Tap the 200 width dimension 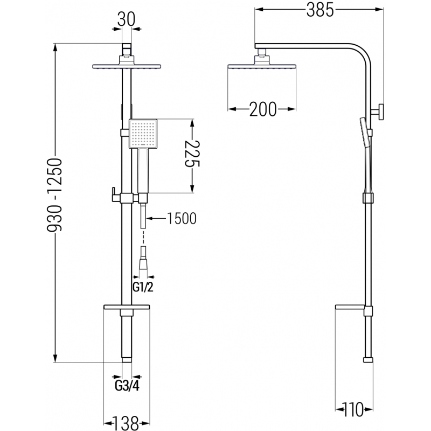262,109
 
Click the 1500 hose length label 182,218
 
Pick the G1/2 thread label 143,287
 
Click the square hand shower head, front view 142,134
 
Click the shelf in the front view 126,308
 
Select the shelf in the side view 353,308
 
